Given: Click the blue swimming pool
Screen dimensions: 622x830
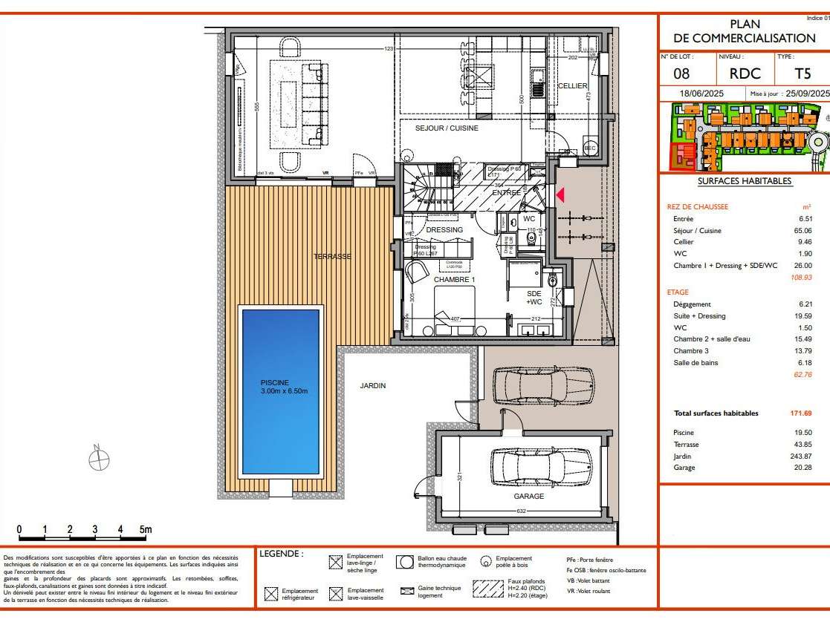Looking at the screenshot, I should click(281, 391).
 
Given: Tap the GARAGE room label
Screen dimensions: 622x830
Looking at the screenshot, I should click(528, 497).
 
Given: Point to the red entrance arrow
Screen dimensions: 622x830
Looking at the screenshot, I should click(561, 194).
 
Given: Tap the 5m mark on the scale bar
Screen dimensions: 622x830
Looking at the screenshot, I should click(146, 530).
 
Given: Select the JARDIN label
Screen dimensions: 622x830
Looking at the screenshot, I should click(373, 385).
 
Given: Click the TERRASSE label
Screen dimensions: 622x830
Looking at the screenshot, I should click(331, 256).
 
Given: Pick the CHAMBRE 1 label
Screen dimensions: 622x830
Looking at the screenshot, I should click(455, 280).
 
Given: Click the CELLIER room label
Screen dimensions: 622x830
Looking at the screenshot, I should click(572, 86).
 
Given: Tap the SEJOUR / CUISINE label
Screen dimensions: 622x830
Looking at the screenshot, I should click(447, 128).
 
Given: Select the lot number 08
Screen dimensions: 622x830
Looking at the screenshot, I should click(681, 73).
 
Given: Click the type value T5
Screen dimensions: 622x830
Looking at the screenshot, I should click(803, 73).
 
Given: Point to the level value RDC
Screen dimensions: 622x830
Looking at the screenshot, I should click(745, 73).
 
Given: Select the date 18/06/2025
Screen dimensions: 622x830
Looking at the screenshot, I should click(701, 94).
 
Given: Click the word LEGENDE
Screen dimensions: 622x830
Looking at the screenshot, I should click(282, 554).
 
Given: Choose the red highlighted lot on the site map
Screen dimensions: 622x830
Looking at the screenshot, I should click(684, 155).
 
